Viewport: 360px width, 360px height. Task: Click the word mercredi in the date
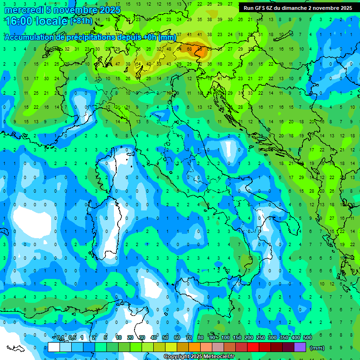point(24,10)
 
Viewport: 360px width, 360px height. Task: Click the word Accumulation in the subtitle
point(28,37)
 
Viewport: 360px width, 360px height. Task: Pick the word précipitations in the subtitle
point(90,37)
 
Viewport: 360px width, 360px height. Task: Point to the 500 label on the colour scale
point(307,338)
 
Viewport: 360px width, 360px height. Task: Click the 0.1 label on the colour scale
point(60,338)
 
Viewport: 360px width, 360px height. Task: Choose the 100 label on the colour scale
point(225,338)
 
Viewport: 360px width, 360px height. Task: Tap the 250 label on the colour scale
point(261,338)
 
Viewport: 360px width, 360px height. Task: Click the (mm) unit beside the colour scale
point(317,347)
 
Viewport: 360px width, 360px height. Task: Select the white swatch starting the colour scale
point(54,347)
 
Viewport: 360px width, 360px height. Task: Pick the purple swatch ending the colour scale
point(300,347)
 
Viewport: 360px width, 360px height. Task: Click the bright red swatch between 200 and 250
point(253,347)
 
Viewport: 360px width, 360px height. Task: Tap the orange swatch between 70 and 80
point(195,347)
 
